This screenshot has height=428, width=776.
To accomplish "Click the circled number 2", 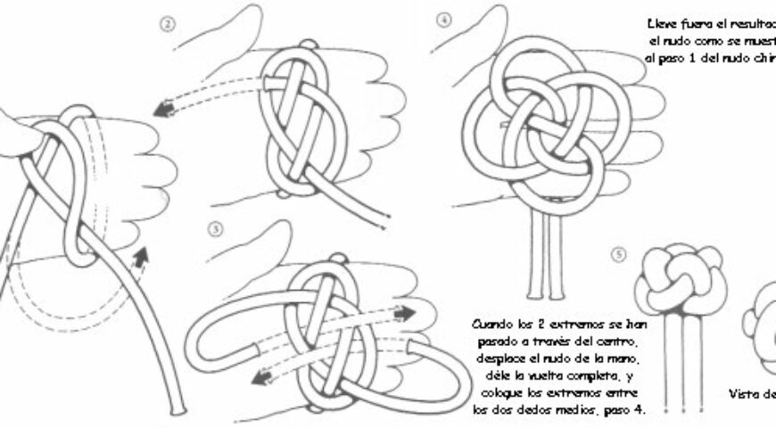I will coord(166,24).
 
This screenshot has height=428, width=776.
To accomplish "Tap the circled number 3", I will coord(212,227).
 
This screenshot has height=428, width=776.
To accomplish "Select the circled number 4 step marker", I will coord(443,17).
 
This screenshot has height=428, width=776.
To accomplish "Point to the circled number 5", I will coord(619,253).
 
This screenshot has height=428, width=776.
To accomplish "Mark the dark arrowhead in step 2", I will coord(163,110).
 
